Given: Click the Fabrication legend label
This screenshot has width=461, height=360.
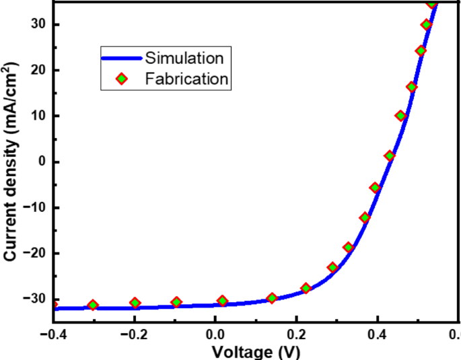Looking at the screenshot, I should pos(187,79).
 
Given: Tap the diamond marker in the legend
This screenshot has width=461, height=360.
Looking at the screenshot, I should pos(122,79).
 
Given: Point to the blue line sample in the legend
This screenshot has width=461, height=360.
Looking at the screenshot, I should pos(122,57).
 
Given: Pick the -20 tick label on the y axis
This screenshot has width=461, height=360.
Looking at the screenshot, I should pos(33,253).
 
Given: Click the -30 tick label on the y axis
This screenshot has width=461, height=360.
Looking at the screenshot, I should pos(33,299).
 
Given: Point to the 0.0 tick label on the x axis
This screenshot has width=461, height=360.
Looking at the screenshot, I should pos(215,334).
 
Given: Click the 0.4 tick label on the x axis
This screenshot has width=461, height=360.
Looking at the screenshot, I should pos(378,334).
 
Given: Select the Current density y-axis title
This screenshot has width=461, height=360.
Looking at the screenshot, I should pos(11,161).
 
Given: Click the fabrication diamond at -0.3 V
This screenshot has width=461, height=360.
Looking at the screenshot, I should pos(93,305).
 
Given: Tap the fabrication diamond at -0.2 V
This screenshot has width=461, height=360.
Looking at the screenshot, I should pos(135,303).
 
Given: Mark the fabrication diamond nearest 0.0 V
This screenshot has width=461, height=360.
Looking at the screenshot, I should pos(223,301).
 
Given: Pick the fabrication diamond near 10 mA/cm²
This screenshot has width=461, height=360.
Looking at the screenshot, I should pos(401,116).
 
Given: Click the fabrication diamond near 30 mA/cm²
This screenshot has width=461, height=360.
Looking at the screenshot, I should pos(427,25).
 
